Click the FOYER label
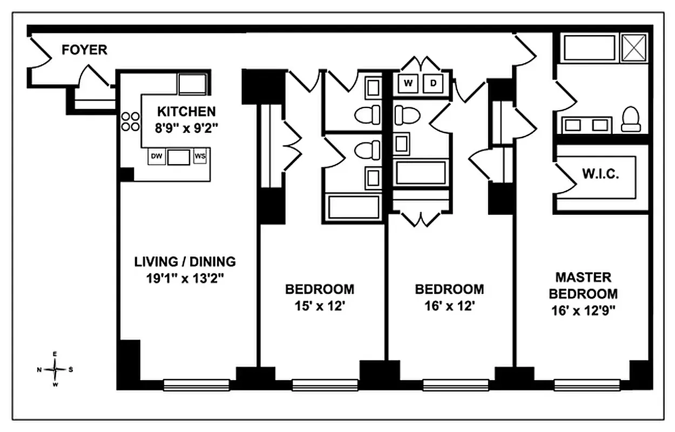(84, 50)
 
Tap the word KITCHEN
(186, 112)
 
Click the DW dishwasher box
(157, 157)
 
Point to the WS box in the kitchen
(200, 157)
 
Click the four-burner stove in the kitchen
(130, 122)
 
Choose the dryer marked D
(433, 83)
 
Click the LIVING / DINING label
(185, 262)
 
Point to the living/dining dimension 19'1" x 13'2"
(185, 279)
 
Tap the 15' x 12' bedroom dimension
(320, 306)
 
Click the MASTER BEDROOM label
(583, 286)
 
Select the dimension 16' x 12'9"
(583, 310)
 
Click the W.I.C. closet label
(600, 174)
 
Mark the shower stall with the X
(634, 48)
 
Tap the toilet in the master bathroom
(630, 120)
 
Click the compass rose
(55, 369)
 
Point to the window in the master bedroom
(586, 385)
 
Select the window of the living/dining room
(196, 385)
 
